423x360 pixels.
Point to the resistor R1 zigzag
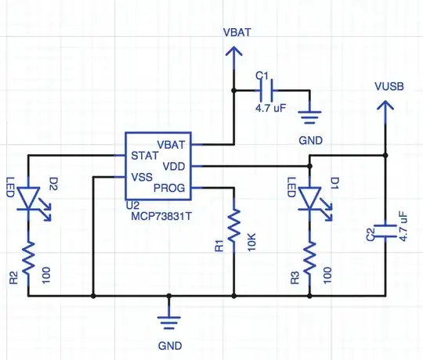click(x=233, y=226)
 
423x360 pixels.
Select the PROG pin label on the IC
click(x=171, y=188)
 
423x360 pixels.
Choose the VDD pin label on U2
click(x=173, y=166)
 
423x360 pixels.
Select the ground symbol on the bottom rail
click(x=168, y=317)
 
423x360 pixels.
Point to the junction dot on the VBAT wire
click(x=233, y=91)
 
